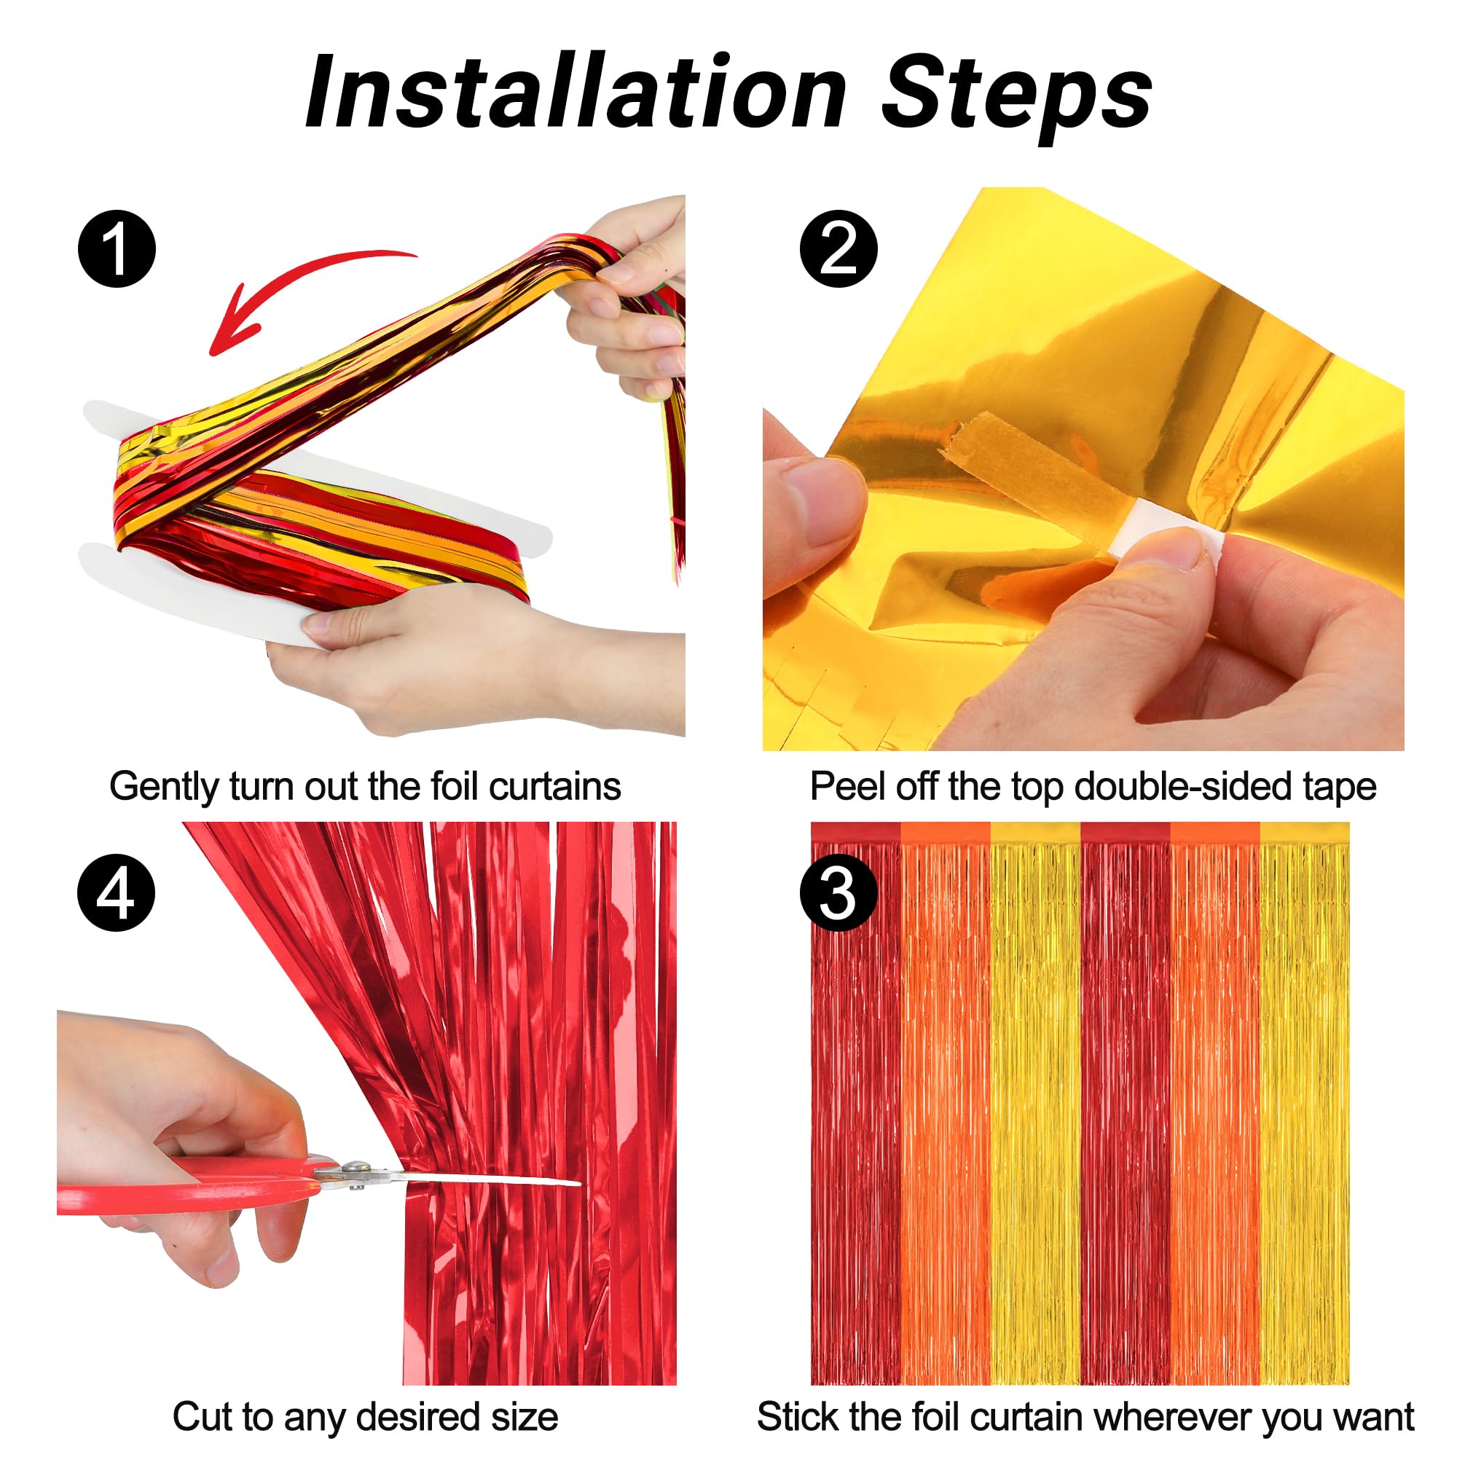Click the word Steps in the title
(1017, 98)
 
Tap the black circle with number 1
(117, 248)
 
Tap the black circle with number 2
(839, 248)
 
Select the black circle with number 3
(839, 893)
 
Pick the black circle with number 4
(116, 893)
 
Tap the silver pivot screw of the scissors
(356, 1170)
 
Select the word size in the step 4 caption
(525, 1416)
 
